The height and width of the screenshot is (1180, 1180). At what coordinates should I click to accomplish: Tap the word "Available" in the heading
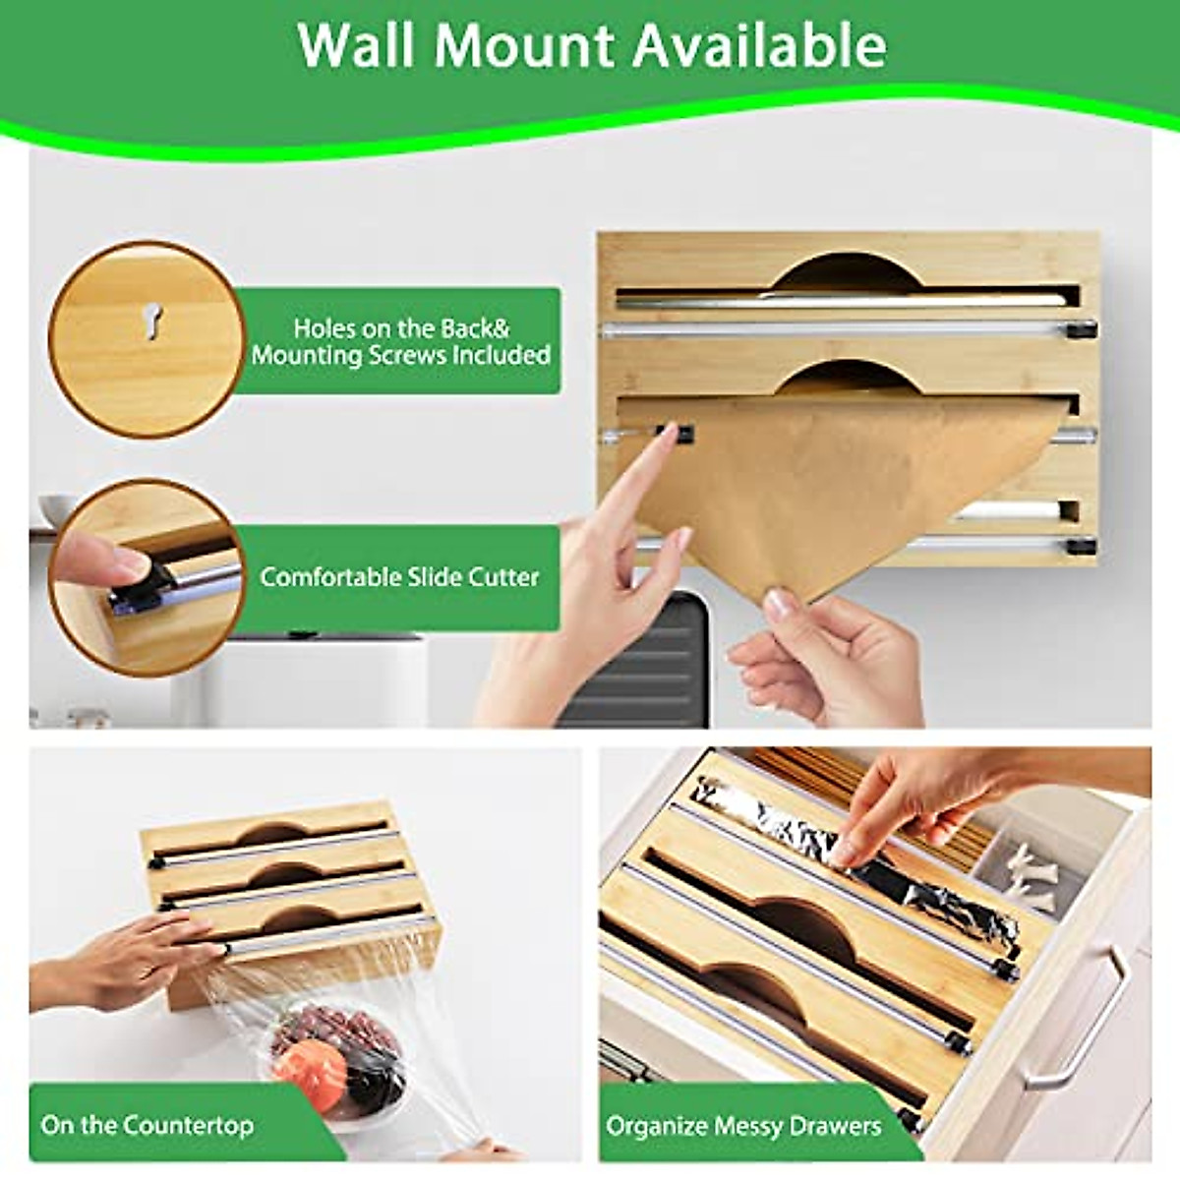click(759, 45)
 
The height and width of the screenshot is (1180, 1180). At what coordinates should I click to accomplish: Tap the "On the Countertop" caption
click(147, 1124)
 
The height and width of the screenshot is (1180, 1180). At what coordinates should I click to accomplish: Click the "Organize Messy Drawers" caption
click(743, 1125)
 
